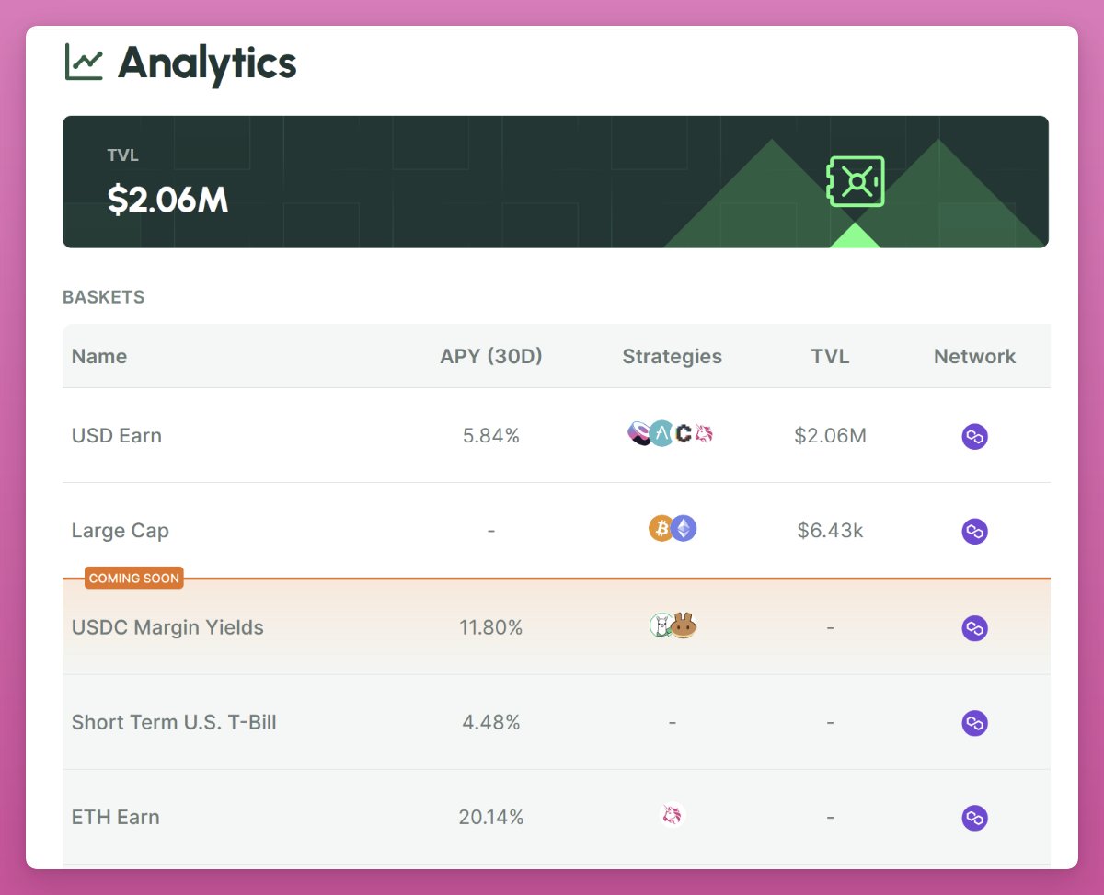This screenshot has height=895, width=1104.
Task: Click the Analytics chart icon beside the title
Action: [x=84, y=63]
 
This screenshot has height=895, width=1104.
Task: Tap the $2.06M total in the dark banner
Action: [x=167, y=199]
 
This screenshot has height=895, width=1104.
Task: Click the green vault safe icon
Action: [x=856, y=181]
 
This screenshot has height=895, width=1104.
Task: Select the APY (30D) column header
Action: [x=491, y=357]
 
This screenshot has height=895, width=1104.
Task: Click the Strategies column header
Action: [x=672, y=357]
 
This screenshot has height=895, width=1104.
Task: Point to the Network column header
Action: [x=974, y=357]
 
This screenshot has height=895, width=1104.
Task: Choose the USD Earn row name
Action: [x=117, y=436]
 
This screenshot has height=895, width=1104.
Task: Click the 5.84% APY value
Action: [x=491, y=436]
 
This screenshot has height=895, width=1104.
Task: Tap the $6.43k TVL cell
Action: [x=830, y=531]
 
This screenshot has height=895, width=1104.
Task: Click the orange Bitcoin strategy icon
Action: [x=661, y=528]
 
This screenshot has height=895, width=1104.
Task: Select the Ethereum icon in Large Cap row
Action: [x=684, y=528]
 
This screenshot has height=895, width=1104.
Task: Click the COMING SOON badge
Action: [x=134, y=579]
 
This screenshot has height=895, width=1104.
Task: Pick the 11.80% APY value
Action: [x=491, y=628]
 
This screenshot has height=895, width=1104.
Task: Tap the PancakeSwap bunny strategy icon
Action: [x=684, y=626]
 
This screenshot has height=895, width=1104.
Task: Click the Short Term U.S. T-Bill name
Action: [x=174, y=722]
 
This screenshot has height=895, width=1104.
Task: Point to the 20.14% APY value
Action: [x=491, y=817]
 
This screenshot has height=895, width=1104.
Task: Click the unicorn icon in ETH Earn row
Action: [x=673, y=815]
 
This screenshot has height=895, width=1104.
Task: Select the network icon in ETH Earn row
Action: [x=974, y=818]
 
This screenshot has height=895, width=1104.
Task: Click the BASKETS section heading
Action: [x=103, y=297]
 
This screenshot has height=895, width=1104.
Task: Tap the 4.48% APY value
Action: [x=491, y=723]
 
